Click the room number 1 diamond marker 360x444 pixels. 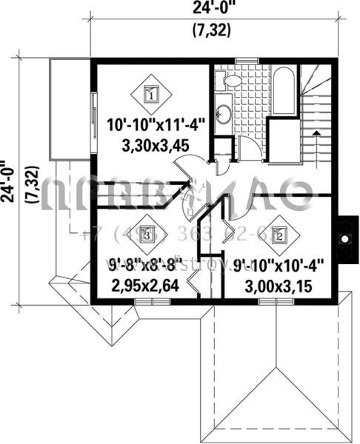click(x=151, y=94)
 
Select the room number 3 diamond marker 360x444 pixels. click(x=148, y=235)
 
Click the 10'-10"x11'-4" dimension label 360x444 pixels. click(x=152, y=124)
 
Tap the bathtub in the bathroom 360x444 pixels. click(x=284, y=92)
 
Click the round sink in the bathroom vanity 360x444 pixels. click(x=223, y=113)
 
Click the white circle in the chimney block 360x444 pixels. click(x=345, y=239)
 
